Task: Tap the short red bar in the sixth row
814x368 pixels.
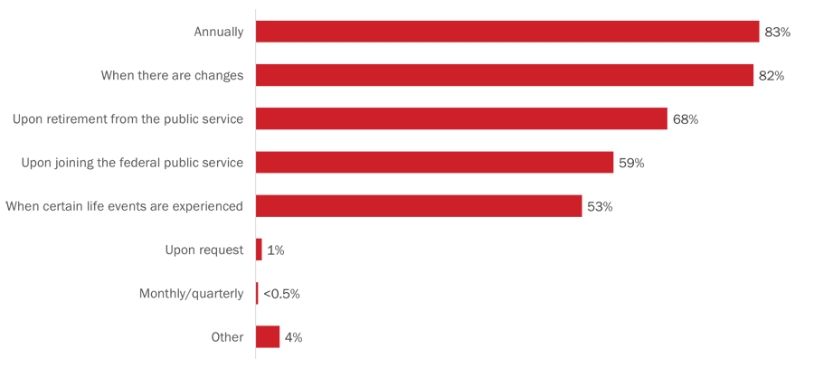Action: [x=261, y=245]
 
